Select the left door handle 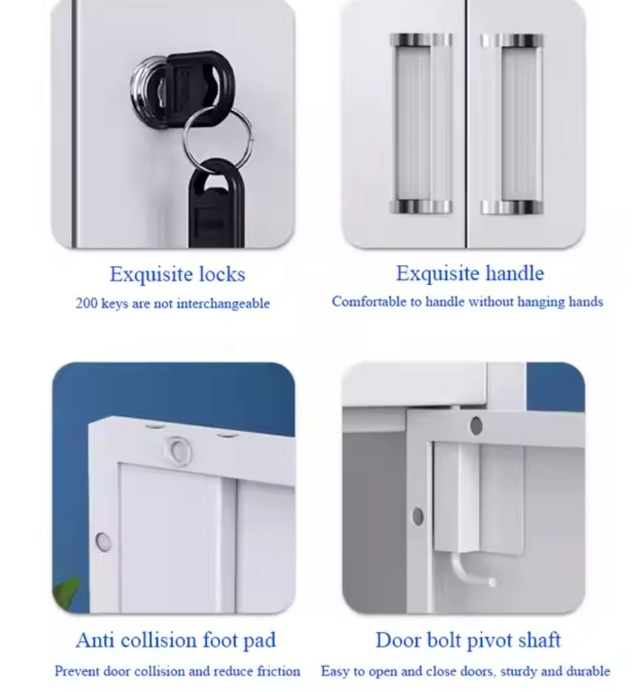click(421, 124)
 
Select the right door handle click(512, 124)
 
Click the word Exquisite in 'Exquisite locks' click(151, 274)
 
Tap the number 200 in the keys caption click(86, 304)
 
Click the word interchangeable click(223, 304)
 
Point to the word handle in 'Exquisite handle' click(514, 273)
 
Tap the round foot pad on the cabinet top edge click(179, 451)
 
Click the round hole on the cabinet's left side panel click(103, 541)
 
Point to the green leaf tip click(79, 579)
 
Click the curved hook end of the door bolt click(492, 583)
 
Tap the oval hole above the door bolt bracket click(476, 426)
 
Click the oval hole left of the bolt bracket click(418, 517)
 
